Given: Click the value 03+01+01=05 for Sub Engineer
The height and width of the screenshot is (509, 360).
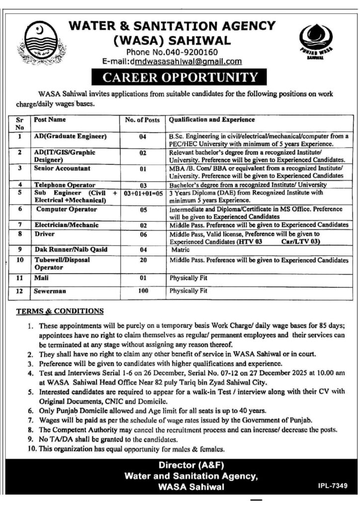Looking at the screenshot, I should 142,191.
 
